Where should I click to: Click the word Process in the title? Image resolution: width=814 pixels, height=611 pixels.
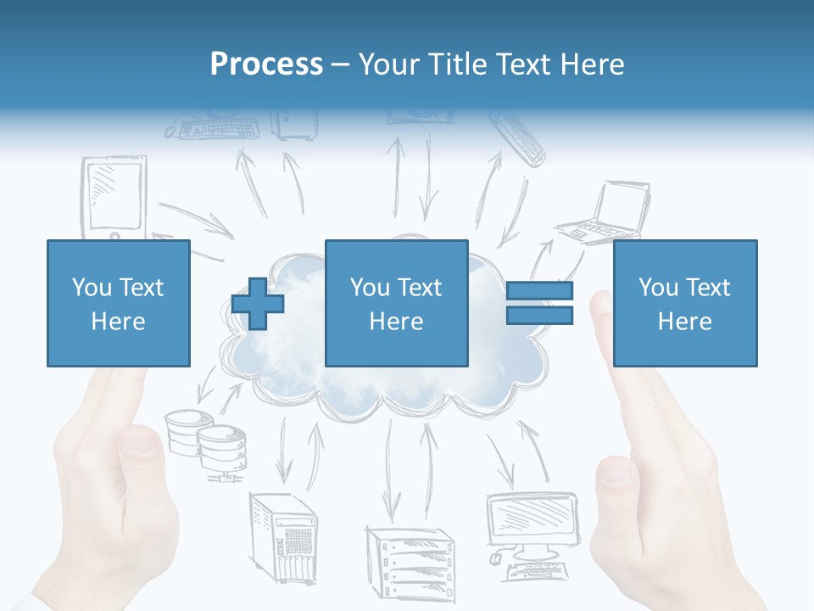tap(266, 64)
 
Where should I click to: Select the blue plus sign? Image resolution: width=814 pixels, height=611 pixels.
tap(258, 304)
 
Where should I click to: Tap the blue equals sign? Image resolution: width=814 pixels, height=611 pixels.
tap(539, 303)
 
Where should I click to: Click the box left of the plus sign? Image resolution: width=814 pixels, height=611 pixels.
tap(118, 303)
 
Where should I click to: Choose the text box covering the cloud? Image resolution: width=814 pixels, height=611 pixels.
tap(396, 303)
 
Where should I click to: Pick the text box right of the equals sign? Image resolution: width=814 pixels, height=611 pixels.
tap(684, 303)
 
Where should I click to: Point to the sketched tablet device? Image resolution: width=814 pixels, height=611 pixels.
tap(114, 197)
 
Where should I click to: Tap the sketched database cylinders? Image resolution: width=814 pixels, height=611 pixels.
tap(206, 441)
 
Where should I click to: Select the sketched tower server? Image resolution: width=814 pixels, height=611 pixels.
tap(282, 536)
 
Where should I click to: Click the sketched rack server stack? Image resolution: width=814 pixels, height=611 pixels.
tap(409, 560)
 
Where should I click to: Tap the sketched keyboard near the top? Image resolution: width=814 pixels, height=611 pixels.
tap(212, 130)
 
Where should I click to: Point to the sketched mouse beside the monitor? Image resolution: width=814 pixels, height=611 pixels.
tap(496, 558)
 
